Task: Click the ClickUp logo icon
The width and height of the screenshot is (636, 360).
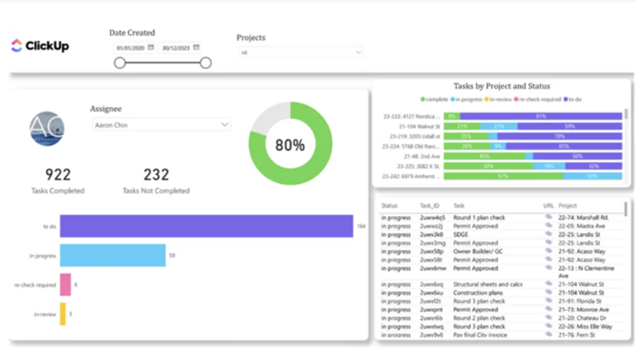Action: point(17,46)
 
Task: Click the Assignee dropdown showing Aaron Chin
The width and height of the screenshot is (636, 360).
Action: point(161,124)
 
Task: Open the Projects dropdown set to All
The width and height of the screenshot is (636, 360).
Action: point(301,52)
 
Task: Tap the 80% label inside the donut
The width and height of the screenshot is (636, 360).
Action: point(290,144)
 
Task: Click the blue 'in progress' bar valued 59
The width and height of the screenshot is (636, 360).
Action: point(113,256)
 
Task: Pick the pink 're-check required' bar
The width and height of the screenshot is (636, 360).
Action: point(65,285)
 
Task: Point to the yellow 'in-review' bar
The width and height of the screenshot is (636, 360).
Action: point(62,314)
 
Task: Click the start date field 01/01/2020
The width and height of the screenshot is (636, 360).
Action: point(131,47)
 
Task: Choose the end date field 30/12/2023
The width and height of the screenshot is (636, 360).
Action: point(176,47)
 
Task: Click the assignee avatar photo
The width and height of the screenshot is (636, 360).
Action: point(46,128)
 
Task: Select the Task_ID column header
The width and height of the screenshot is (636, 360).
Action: point(431,205)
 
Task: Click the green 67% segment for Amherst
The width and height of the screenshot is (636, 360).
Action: point(503,176)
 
